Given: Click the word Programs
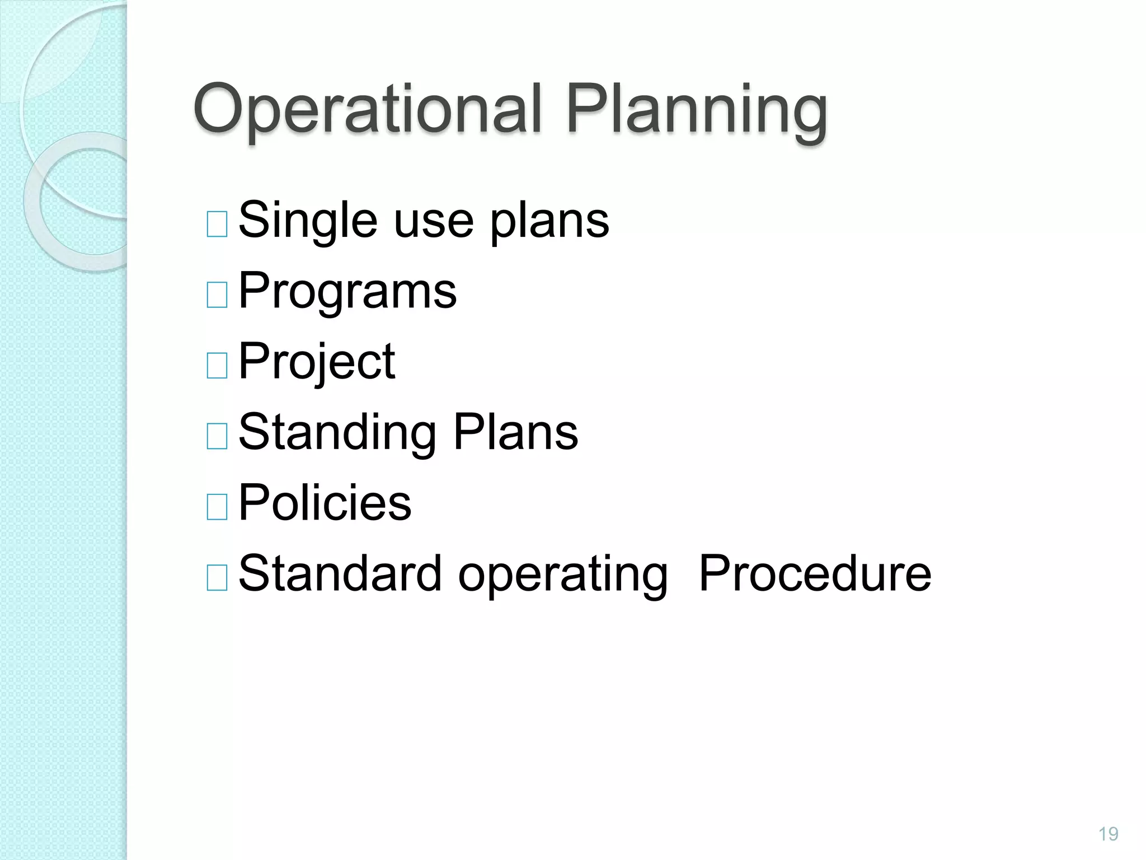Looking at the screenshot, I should [347, 292].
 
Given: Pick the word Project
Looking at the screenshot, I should [317, 362].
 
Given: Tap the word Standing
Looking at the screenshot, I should [337, 433].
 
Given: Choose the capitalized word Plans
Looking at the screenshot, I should [515, 432].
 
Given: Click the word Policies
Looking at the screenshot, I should [325, 503].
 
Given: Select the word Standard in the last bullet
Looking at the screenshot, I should [340, 573].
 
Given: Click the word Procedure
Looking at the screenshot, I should [815, 573].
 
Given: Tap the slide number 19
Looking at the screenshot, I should [1108, 834].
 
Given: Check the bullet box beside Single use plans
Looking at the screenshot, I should [217, 225].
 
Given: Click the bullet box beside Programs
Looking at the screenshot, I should [217, 295].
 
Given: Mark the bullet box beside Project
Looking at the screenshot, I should [217, 366].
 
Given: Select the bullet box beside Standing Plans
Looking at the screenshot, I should [217, 436].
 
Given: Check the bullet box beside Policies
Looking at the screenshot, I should [217, 507].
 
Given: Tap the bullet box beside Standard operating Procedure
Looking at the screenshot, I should [217, 577].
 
